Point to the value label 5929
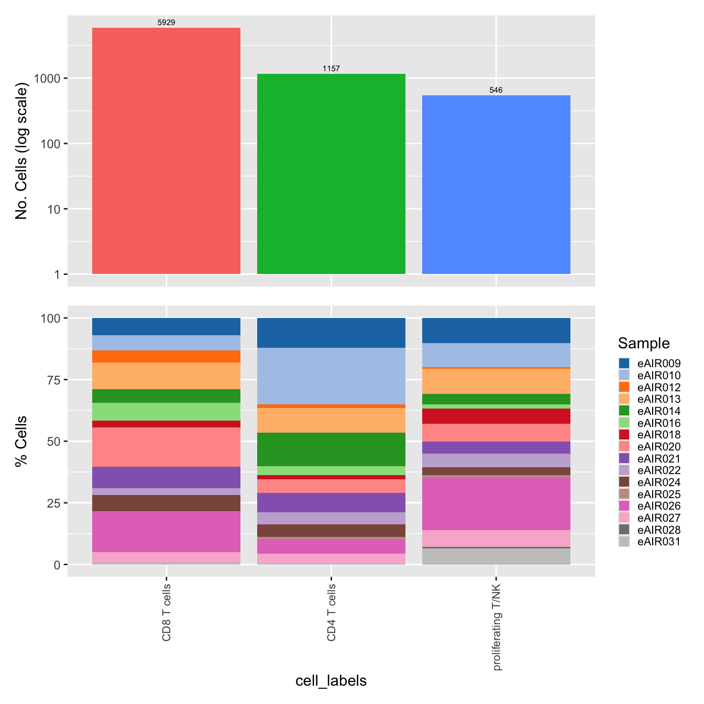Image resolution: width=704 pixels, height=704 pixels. pyautogui.click(x=166, y=23)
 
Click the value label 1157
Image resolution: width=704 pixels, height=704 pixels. pyautogui.click(x=331, y=69)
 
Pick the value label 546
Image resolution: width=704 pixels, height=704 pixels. pyautogui.click(x=496, y=90)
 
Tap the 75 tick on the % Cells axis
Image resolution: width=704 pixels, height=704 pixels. pyautogui.click(x=54, y=380)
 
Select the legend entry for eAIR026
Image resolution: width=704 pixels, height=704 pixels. pyautogui.click(x=658, y=506)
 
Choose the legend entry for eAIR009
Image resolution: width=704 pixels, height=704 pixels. pyautogui.click(x=658, y=364)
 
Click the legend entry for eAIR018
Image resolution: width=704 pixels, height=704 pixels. pyautogui.click(x=658, y=435)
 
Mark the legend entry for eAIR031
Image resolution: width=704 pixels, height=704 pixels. pyautogui.click(x=658, y=542)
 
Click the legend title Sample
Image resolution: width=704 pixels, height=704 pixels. pyautogui.click(x=644, y=343)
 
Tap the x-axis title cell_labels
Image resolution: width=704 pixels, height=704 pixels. pyautogui.click(x=331, y=680)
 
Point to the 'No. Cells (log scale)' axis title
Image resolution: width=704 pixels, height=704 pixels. pyautogui.click(x=21, y=151)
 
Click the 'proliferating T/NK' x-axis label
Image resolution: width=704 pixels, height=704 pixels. pyautogui.click(x=497, y=626)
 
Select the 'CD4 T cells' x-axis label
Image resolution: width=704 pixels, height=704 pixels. pyautogui.click(x=332, y=612)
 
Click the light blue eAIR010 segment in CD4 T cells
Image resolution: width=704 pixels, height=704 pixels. pyautogui.click(x=331, y=376)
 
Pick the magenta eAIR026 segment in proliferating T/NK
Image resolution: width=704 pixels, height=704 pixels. pyautogui.click(x=496, y=503)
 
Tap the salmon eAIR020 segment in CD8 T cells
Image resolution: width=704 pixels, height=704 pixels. pyautogui.click(x=166, y=447)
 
